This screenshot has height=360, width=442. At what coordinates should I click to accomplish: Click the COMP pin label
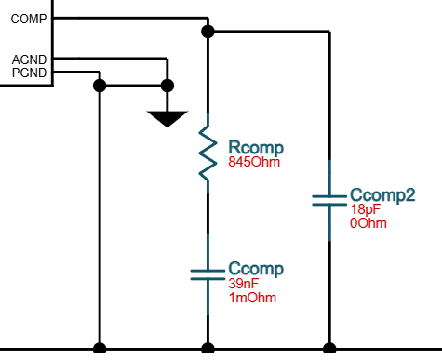[x=29, y=19]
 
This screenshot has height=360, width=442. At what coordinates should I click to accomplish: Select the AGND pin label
[x=29, y=60]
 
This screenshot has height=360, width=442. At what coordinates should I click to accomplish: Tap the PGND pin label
[x=29, y=73]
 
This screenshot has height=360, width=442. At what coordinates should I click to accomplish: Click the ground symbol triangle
[x=167, y=119]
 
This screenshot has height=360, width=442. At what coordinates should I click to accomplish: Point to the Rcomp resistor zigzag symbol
[x=208, y=153]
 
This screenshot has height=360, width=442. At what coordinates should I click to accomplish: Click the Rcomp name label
[x=256, y=148]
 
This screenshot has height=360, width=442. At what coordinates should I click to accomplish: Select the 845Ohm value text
[x=254, y=162]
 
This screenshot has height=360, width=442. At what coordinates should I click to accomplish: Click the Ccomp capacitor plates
[x=208, y=274]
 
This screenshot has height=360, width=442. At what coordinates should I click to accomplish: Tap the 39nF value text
[x=244, y=284]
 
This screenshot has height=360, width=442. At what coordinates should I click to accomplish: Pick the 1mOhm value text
[x=252, y=298]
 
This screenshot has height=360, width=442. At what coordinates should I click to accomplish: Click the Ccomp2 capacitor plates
[x=329, y=200]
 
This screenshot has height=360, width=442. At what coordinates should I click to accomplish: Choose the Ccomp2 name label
[x=382, y=195]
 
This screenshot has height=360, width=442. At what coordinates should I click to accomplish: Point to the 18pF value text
[x=366, y=209]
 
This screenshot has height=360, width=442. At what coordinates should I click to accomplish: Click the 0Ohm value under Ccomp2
[x=368, y=223]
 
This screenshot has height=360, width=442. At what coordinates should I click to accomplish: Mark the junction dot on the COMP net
[x=208, y=32]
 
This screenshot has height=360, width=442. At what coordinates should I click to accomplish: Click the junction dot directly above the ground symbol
[x=167, y=86]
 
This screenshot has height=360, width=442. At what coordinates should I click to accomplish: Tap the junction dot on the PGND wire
[x=100, y=86]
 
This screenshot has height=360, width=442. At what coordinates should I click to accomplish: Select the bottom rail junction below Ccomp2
[x=329, y=349]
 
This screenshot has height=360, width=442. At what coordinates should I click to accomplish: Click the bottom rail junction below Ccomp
[x=208, y=349]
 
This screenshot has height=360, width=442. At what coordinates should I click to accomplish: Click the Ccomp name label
[x=256, y=269]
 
